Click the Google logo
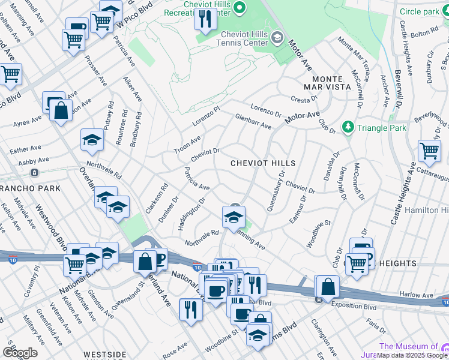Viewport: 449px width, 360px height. (x=20, y=352)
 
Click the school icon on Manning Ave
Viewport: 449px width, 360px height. (x=233, y=217)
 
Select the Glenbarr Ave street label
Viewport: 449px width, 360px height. (x=253, y=122)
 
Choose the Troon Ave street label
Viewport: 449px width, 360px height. (x=187, y=144)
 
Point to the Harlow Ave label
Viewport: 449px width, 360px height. (x=416, y=295)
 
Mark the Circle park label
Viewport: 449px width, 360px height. (x=420, y=11)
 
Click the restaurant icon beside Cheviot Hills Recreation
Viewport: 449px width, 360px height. (x=205, y=20)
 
